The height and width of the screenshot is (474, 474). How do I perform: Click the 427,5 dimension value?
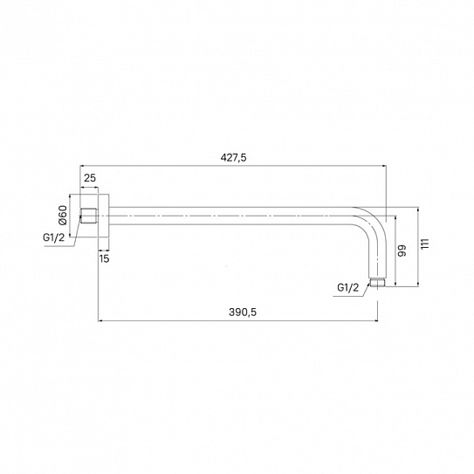[x=233, y=158]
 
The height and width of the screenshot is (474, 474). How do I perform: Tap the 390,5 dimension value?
[x=243, y=312]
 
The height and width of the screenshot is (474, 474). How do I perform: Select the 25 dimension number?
[x=90, y=178]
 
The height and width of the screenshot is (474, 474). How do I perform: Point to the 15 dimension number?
[x=104, y=258]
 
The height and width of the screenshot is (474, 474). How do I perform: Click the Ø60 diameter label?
[x=63, y=216]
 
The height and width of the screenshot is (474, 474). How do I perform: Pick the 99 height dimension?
[x=402, y=251]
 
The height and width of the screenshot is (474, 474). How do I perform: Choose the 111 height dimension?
[x=425, y=244]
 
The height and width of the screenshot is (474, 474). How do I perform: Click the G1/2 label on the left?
[x=54, y=237]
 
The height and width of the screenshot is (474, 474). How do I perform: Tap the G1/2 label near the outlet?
[x=348, y=287]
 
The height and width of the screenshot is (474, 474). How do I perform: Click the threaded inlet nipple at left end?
[x=89, y=216]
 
